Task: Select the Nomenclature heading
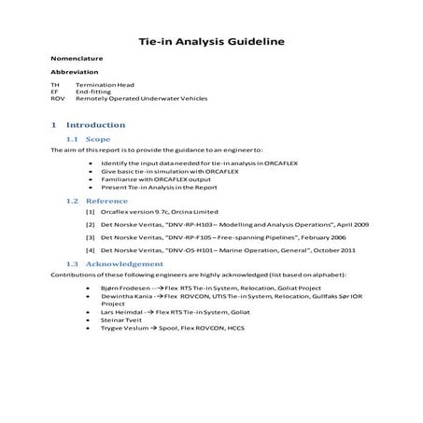pyautogui.click(x=77, y=59)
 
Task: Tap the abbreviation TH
pyautogui.click(x=55, y=84)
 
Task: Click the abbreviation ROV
pyautogui.click(x=57, y=98)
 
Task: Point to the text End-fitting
pyautogui.click(x=95, y=92)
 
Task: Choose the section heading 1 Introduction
pyautogui.click(x=89, y=124)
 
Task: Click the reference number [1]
pyautogui.click(x=90, y=213)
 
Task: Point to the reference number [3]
pyautogui.click(x=90, y=238)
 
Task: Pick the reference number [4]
pyautogui.click(x=90, y=251)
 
